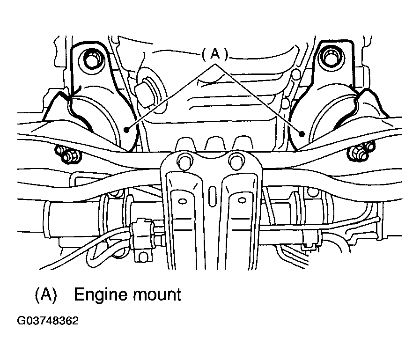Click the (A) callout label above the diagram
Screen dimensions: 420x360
(214, 54)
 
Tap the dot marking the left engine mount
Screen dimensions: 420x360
(126, 130)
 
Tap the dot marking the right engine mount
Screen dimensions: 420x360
(302, 134)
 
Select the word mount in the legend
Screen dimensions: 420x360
(157, 294)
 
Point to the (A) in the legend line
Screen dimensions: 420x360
(46, 294)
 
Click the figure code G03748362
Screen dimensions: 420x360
(48, 321)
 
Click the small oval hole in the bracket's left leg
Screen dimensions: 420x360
(183, 201)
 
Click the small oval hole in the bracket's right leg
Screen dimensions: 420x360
(242, 200)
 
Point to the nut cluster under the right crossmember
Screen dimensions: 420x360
(361, 153)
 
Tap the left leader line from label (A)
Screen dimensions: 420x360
(170, 97)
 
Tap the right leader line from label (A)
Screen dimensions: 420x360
(258, 99)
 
